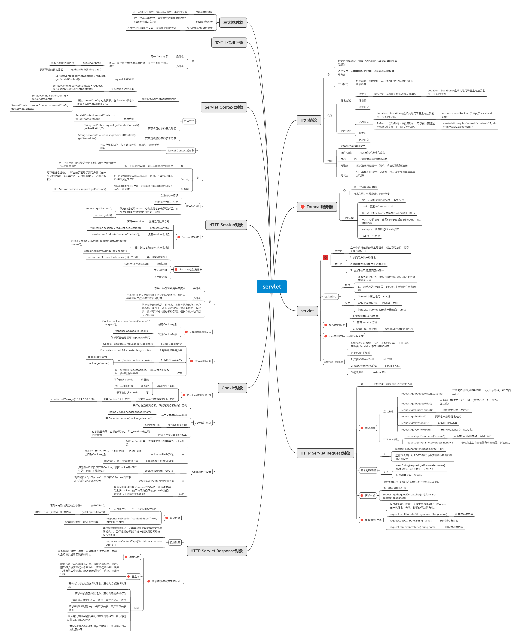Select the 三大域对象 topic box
point(233,23)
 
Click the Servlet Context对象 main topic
point(224,107)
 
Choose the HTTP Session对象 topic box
point(226,225)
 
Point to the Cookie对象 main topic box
point(232,388)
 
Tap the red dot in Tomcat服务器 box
point(302,207)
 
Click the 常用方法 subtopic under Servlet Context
point(189,121)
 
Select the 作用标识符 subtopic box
point(192,206)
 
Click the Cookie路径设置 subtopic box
point(201,472)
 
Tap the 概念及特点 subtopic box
point(330,296)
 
